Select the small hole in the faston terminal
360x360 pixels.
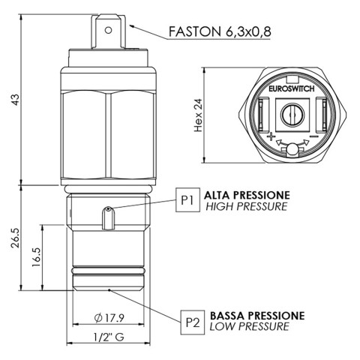click(107, 31)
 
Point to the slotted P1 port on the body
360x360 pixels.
click(107, 217)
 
